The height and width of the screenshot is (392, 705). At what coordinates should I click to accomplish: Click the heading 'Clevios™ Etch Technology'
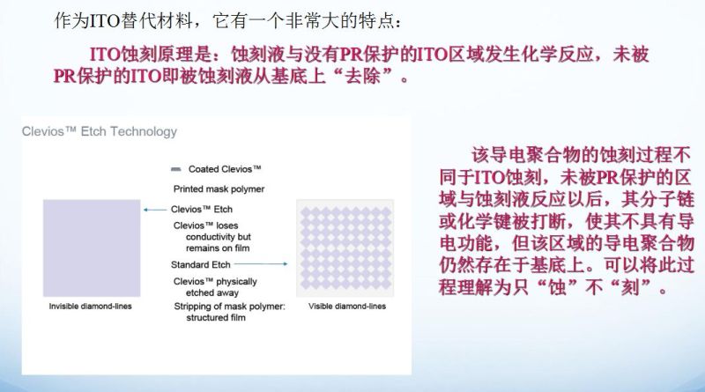pos(99,132)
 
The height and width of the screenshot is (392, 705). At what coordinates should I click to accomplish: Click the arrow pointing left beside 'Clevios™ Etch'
pos(156,210)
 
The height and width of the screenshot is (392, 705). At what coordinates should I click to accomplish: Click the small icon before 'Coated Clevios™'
pos(177,168)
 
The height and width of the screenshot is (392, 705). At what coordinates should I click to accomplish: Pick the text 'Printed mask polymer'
pos(219,189)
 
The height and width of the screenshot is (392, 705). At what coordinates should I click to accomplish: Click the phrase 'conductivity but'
pos(211,236)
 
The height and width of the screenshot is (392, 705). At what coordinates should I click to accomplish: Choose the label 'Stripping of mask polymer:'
pos(230,306)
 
